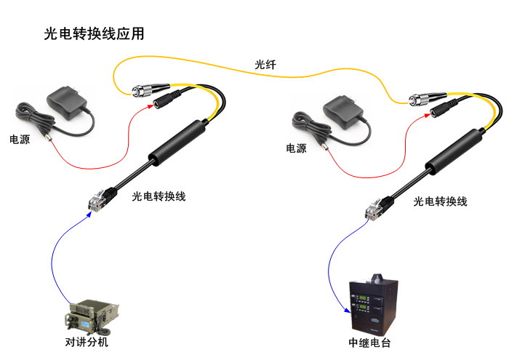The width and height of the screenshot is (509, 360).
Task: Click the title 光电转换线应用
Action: point(95,34)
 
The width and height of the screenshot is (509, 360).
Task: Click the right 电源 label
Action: point(296,148)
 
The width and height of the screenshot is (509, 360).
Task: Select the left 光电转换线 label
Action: point(159,196)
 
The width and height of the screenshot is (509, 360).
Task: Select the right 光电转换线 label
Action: point(440,201)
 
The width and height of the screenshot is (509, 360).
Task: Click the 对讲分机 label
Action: point(87,342)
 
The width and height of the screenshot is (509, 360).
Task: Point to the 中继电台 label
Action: point(369,343)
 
